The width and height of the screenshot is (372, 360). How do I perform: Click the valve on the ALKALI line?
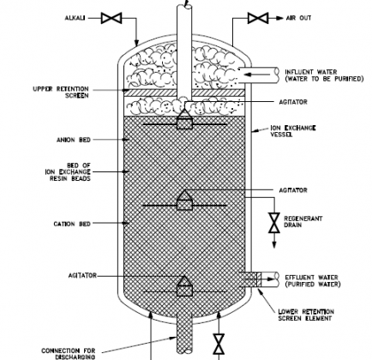tap(111, 18)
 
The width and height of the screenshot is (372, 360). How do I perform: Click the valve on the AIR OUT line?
tap(258, 18)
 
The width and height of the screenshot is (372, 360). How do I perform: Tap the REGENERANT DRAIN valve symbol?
tap(274, 223)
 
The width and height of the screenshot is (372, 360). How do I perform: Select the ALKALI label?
tap(75, 18)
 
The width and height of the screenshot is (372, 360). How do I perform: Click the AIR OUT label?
tap(298, 18)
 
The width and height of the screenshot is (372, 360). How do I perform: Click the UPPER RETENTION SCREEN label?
tap(61, 93)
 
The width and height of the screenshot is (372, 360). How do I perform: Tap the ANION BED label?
tap(74, 140)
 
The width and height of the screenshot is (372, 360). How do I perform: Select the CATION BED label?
tap(72, 224)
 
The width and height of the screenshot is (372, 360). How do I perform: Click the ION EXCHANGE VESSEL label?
tap(293, 131)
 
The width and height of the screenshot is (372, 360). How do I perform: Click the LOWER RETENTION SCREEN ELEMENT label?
tap(306, 315)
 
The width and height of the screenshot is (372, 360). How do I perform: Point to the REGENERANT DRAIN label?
tap(303, 222)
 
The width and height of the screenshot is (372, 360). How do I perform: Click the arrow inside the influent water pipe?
tap(257, 75)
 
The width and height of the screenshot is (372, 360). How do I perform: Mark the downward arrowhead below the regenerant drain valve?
tap(274, 245)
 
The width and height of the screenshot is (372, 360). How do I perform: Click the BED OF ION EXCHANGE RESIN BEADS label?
tap(68, 171)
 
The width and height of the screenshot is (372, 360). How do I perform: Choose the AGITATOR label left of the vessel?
tap(82, 276)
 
